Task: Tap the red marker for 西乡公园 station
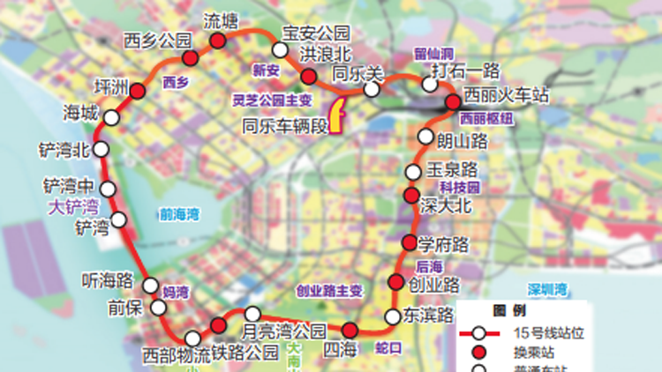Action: pos(189,58)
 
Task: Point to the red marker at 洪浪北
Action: pos(308,76)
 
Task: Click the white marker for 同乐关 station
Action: pos(372,89)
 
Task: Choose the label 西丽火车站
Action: pos(508,93)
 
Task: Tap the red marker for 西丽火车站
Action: pos(453,103)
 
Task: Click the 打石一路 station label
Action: pos(465,70)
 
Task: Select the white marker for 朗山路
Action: pos(426,138)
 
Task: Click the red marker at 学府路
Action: pos(409,242)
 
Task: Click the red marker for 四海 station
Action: pos(350,331)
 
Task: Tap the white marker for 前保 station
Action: pos(158,307)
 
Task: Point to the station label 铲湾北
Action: pos(64,149)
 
